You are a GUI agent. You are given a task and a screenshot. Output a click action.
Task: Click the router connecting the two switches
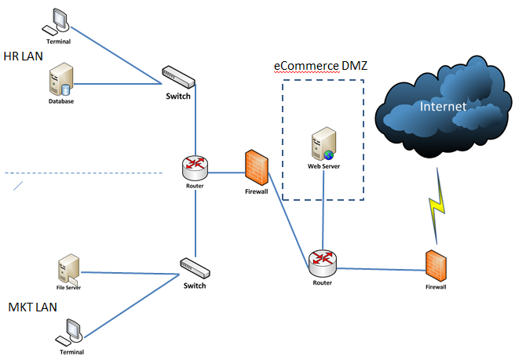(x=194, y=165)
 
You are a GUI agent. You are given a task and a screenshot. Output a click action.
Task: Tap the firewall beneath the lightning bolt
(x=436, y=266)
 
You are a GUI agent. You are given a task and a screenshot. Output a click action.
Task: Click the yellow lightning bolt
(x=437, y=208)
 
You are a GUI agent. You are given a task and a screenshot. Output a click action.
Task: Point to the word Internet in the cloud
(x=442, y=106)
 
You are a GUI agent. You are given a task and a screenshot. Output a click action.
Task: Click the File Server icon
(x=68, y=267)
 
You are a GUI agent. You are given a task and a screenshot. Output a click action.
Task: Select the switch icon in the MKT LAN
(x=194, y=267)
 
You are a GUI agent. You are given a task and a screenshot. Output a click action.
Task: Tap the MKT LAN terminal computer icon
(x=70, y=332)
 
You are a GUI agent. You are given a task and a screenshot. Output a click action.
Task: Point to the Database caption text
(x=61, y=100)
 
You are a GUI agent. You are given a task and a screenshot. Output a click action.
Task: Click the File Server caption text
(x=68, y=288)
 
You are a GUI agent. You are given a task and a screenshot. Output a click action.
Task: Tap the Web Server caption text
(x=323, y=166)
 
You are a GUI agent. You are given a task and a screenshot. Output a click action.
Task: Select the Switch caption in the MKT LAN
(x=194, y=285)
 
